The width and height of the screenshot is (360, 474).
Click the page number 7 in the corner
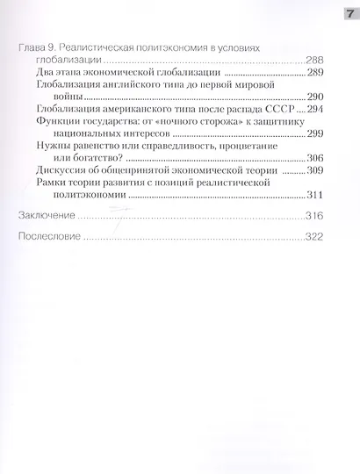coord(346,12)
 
